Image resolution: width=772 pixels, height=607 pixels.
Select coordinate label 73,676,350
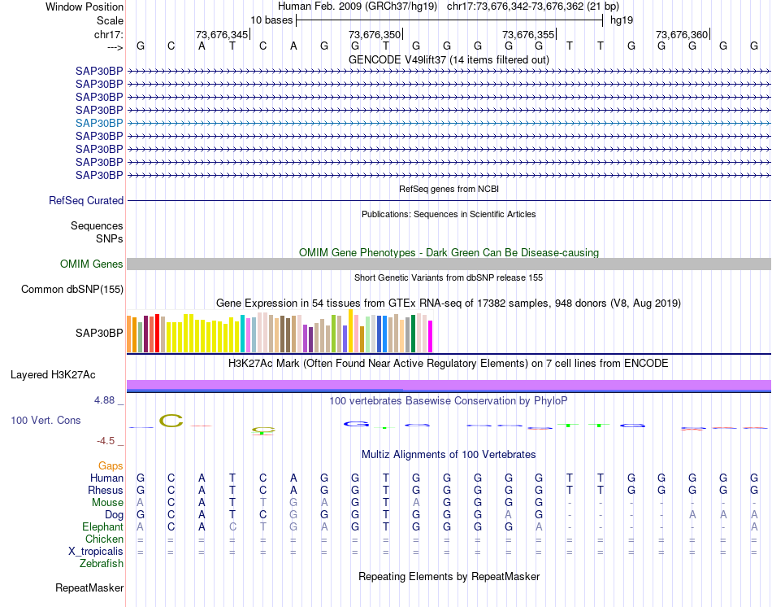coord(375,34)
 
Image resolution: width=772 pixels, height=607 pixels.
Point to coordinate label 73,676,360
coord(682,34)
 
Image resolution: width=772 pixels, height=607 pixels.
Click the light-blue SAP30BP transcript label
coord(99,123)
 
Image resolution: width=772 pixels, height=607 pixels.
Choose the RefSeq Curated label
coord(86,201)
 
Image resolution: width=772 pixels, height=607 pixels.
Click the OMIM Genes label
coord(92,264)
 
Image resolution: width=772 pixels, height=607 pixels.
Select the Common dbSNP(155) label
coord(72,290)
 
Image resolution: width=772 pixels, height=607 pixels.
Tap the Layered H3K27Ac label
coord(53,375)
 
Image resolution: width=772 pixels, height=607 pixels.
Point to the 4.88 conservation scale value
coord(106,400)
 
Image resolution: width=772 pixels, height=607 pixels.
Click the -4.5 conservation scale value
coord(106,441)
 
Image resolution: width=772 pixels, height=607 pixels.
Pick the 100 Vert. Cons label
coord(46,421)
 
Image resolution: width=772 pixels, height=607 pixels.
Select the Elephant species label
coord(102,527)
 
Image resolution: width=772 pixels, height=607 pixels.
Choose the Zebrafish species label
coord(102,564)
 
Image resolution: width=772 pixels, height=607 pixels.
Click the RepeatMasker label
coord(89,587)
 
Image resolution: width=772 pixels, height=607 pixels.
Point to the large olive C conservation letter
coord(171,421)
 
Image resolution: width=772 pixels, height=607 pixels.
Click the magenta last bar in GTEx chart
coord(431,337)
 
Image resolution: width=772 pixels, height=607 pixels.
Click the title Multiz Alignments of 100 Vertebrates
coord(449,454)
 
